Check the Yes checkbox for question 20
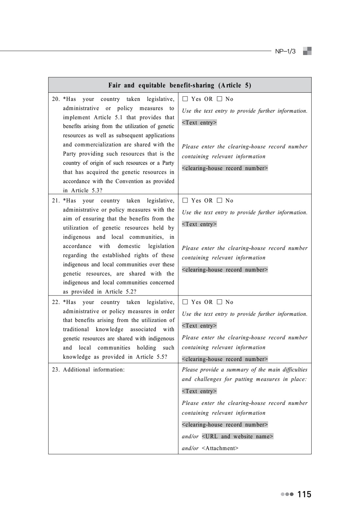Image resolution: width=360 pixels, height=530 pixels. (x=185, y=99)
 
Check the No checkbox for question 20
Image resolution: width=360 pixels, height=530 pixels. (x=219, y=99)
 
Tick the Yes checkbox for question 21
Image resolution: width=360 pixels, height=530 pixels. (x=185, y=200)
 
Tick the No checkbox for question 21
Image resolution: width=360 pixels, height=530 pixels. (x=219, y=200)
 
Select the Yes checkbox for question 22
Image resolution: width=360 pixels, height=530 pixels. (x=185, y=302)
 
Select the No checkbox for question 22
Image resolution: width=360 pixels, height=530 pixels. (x=219, y=302)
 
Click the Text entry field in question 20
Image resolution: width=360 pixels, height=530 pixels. (x=199, y=123)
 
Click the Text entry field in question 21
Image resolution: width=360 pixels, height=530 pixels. (x=199, y=224)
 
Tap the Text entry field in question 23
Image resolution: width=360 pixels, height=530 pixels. (x=199, y=391)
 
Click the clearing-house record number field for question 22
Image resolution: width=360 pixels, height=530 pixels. (x=225, y=359)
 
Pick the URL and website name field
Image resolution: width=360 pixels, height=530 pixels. (x=237, y=437)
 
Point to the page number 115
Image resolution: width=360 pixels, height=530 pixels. (x=304, y=495)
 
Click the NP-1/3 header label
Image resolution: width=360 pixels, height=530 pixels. (x=285, y=52)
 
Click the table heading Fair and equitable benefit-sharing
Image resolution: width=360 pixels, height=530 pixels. (x=180, y=85)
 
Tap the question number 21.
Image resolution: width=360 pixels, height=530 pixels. (x=56, y=201)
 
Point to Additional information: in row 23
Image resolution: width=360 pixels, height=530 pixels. (x=94, y=370)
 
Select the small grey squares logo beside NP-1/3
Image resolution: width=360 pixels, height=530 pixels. (x=307, y=51)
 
